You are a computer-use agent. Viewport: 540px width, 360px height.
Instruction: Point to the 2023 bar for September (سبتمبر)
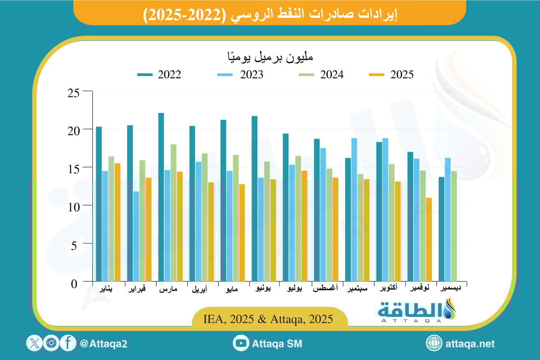[x=354, y=210]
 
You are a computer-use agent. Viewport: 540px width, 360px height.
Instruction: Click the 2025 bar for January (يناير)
[x=117, y=222]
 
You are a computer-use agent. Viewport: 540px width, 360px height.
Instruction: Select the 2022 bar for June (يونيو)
[x=254, y=198]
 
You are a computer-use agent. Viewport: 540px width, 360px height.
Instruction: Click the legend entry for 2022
[x=159, y=75]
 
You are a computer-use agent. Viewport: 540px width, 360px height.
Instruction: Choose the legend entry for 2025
[x=391, y=75]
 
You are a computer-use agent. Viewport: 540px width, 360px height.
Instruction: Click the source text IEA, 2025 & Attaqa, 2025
[x=269, y=319]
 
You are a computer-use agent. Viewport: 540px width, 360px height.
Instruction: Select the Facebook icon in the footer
[x=68, y=343]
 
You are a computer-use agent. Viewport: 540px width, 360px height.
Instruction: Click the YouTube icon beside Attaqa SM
[x=241, y=343]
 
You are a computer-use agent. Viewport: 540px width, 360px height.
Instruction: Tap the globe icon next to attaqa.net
[x=434, y=343]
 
